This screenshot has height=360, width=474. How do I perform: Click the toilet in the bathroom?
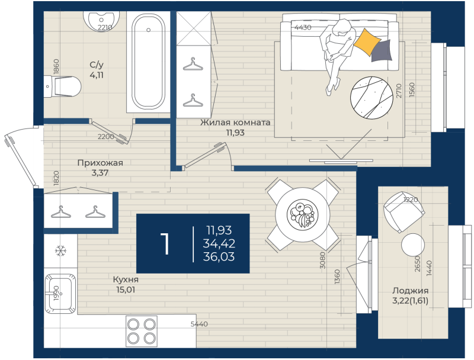(63, 86)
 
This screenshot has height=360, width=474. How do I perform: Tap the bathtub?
(149, 62)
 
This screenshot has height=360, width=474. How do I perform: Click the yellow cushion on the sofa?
(367, 42)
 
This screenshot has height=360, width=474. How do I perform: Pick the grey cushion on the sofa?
(382, 51)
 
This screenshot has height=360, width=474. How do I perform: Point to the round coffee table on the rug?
(371, 98)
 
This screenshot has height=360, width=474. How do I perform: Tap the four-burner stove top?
(142, 332)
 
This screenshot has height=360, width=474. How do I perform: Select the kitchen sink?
(60, 294)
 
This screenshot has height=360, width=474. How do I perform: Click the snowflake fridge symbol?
(60, 250)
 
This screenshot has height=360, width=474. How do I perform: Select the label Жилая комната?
(235, 123)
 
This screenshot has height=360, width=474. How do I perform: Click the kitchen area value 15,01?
(126, 290)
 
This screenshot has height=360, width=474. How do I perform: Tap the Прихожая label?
(100, 163)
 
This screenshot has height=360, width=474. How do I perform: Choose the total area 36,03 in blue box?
(219, 256)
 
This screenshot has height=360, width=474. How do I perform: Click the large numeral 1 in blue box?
(165, 243)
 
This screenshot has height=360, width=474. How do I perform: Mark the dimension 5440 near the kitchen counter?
(199, 324)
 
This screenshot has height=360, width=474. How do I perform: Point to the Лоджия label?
(410, 291)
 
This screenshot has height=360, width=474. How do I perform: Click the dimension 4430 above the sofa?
(303, 27)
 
